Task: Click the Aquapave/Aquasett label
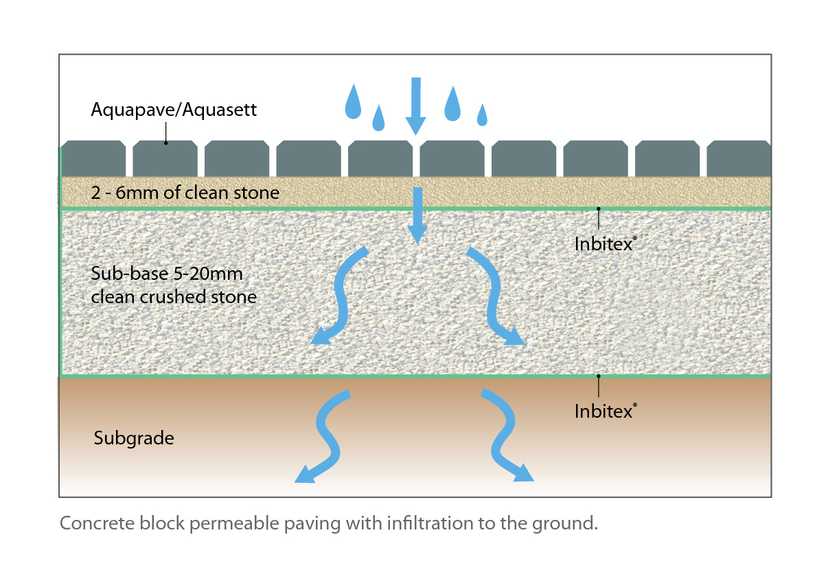[x=174, y=110]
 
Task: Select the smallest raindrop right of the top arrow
[x=482, y=115]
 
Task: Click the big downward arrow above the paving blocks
[x=415, y=104]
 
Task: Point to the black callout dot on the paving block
[x=165, y=143]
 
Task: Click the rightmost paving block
[x=739, y=159]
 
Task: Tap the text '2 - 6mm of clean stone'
[x=185, y=193]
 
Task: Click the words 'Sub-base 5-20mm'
[x=167, y=274]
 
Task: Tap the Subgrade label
[x=134, y=438]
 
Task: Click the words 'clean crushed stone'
[x=174, y=297]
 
